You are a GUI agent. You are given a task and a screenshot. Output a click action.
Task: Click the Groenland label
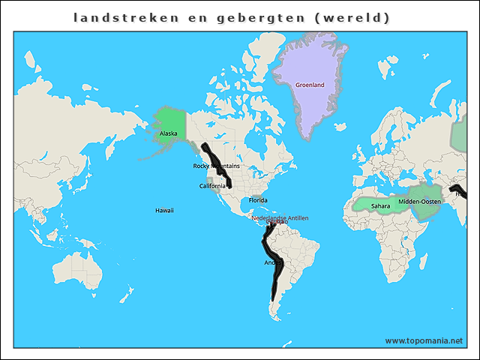309,85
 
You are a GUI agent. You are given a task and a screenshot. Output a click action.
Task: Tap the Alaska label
169,134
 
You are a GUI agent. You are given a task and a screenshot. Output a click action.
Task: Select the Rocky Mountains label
216,166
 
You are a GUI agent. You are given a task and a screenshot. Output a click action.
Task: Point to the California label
212,186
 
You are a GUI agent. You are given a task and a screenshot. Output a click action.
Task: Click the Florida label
259,200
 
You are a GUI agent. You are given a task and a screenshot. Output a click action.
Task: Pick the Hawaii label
164,211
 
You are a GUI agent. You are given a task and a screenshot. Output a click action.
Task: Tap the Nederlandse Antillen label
280,218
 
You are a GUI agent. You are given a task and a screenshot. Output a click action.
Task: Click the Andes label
272,262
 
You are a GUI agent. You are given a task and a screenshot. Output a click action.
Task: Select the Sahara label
380,205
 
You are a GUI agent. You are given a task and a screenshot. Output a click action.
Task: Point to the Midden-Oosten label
419,202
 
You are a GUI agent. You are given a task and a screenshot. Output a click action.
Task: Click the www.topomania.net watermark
424,340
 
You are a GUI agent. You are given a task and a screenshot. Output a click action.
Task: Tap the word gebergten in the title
257,16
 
